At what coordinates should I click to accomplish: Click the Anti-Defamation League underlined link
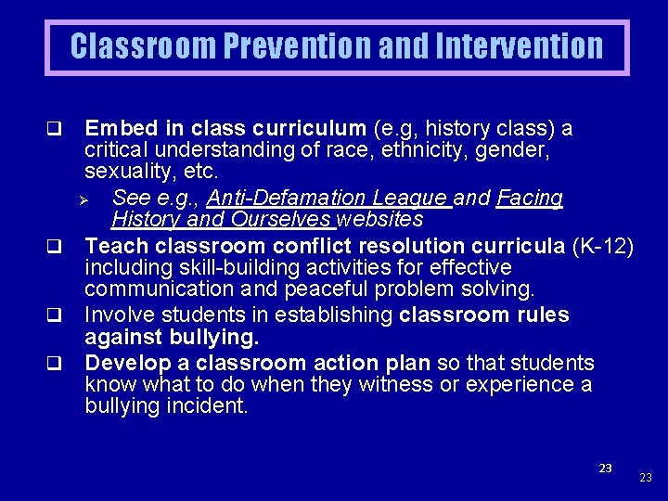point(329,198)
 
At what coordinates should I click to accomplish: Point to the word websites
point(380,220)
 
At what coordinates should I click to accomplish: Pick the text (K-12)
point(603,246)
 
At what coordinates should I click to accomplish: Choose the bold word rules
point(537,315)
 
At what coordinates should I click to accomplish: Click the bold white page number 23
point(605,469)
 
